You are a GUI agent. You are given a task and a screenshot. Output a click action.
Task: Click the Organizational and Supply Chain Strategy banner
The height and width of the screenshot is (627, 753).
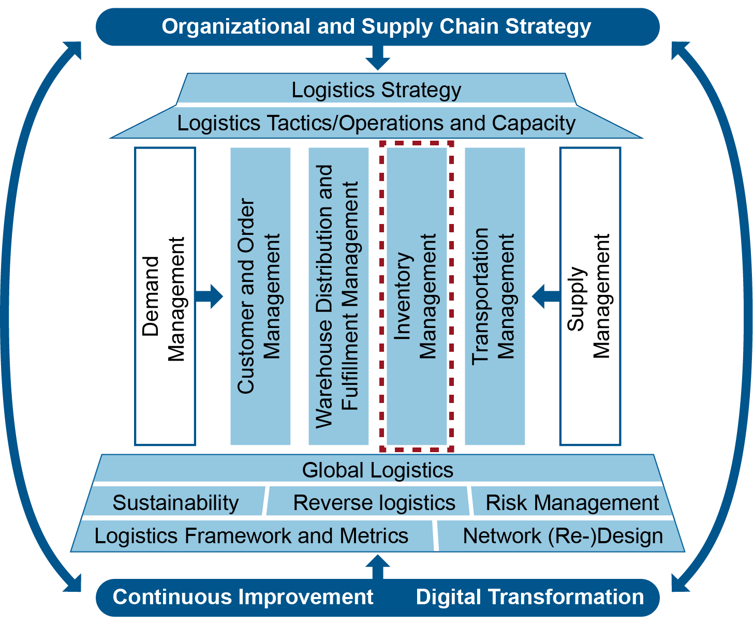[x=377, y=27]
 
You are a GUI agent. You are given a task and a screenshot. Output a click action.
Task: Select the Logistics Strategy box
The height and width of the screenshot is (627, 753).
[x=376, y=89]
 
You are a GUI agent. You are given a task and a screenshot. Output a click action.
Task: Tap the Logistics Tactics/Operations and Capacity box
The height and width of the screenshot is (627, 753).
[x=376, y=123]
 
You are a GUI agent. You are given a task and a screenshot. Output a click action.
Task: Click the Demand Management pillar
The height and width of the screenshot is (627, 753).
[x=165, y=296]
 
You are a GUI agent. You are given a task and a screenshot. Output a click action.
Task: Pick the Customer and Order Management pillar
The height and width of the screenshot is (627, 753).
[x=260, y=296]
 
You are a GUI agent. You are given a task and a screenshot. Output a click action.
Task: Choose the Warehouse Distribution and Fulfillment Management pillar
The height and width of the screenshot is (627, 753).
[x=338, y=296]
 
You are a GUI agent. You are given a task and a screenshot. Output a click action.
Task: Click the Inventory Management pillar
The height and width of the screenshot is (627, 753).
[x=417, y=296]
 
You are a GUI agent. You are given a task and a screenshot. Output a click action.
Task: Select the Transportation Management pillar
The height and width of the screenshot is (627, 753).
[x=495, y=296]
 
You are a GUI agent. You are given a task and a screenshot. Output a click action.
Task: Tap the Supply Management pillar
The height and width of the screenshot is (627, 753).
[x=590, y=296]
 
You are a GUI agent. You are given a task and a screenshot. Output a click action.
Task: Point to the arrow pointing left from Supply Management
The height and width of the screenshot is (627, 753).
[x=545, y=296]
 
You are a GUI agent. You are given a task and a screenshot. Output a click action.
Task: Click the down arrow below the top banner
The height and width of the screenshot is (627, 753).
[x=377, y=57]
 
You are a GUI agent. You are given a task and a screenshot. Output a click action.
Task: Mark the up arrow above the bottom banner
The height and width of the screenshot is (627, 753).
[x=378, y=566]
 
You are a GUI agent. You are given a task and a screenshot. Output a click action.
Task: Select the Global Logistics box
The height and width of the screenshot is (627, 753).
[x=377, y=470]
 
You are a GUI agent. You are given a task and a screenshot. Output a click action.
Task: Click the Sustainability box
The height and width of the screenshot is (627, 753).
[x=175, y=502]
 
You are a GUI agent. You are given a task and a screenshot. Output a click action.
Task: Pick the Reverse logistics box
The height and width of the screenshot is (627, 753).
[x=374, y=502]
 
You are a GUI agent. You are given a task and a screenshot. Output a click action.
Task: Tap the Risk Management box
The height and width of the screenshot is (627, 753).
[x=572, y=502]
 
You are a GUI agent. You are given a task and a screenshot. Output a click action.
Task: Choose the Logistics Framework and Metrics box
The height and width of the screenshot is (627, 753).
[x=252, y=535]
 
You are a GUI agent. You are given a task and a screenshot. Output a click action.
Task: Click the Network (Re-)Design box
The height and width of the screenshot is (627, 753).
[x=563, y=535]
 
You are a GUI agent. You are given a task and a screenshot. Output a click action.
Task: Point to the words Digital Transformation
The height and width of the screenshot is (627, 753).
[x=530, y=597]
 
